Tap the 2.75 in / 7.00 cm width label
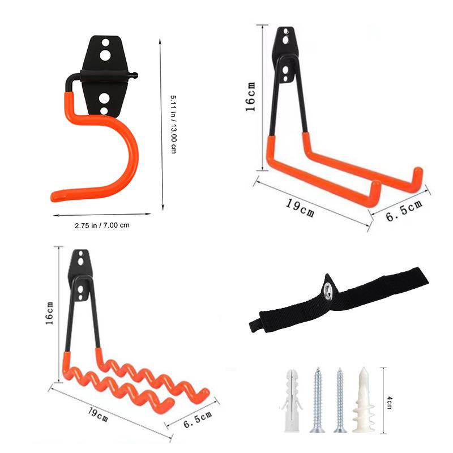coord(102,225)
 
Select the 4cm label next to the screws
coord(390,399)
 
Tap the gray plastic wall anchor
coord(290,399)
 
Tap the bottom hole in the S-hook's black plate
coord(104,99)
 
